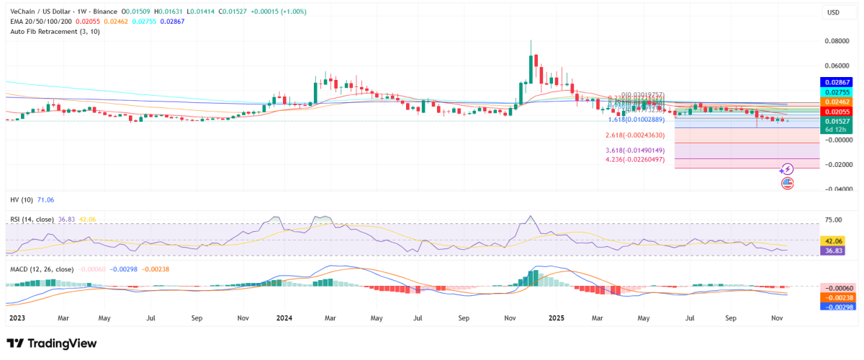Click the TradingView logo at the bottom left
tap(51, 343)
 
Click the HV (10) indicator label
tap(21, 198)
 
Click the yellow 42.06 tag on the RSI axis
tap(834, 240)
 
